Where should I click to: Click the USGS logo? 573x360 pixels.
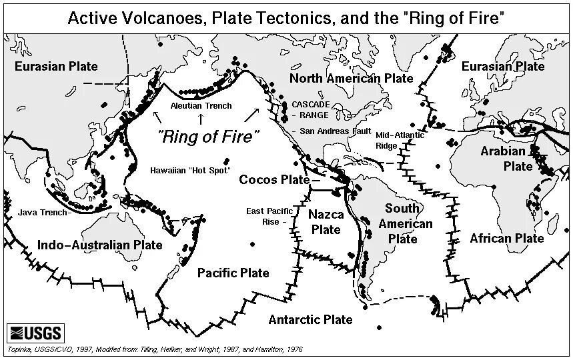point(35,332)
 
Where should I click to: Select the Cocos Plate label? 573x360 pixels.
point(274,179)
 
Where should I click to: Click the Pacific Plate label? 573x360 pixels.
point(233,272)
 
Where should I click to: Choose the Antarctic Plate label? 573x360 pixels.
point(310,319)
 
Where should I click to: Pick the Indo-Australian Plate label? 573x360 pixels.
point(100,245)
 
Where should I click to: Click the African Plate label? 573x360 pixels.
point(506,238)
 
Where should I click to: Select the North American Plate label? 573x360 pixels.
point(351,79)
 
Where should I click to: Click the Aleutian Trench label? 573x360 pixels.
point(201,106)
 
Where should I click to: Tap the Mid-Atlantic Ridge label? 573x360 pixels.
point(395,139)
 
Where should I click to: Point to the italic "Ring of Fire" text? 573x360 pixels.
point(208,137)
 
